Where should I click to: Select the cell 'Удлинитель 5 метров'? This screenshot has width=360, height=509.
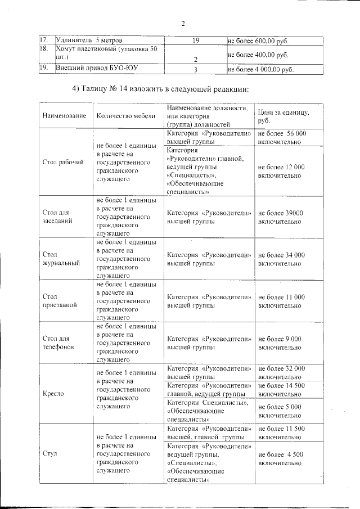[89, 41]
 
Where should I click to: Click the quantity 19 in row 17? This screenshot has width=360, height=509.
[196, 41]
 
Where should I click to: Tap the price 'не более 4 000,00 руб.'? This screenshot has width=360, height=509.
[260, 70]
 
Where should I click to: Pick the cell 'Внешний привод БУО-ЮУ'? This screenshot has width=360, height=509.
[97, 69]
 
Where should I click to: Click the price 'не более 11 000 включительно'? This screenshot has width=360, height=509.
[281, 300]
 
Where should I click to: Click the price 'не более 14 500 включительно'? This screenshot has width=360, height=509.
[281, 390]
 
